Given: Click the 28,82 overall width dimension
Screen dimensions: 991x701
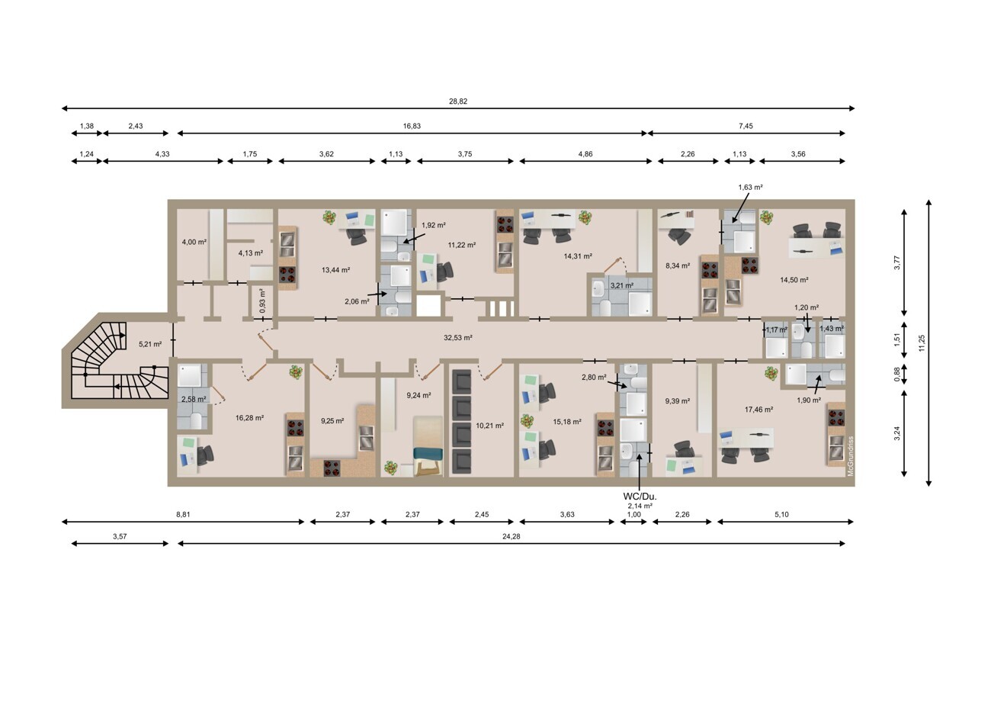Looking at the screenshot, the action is pos(458,101).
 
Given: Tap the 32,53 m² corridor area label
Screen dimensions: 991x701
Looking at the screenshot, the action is pos(458,338).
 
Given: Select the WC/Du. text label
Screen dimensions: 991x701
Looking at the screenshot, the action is pos(640,497).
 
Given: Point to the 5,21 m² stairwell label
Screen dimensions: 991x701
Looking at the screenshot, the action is pos(150,344).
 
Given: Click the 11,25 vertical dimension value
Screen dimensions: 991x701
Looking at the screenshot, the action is pos(922,343).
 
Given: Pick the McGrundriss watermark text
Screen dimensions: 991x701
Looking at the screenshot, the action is pos(850,456).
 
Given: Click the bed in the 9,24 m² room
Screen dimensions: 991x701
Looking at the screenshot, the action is pos(428,445).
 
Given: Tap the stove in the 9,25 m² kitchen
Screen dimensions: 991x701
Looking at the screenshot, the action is pos(332,468).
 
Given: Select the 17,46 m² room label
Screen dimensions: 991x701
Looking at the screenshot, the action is pos(758,410).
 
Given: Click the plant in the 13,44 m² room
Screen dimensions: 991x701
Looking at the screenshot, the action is pos(329,217).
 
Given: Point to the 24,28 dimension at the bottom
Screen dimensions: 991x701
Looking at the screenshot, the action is pos(511,536).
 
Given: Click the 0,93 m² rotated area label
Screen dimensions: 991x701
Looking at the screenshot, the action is pos(262,301).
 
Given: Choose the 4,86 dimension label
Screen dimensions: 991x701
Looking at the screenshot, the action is pos(585,154).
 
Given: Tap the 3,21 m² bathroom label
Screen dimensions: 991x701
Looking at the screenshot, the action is pos(621,285).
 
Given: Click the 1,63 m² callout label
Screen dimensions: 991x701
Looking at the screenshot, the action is pos(750,187).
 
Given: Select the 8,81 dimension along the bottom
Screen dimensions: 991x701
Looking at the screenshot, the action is pos(183,514).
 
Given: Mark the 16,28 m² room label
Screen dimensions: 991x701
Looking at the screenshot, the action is pos(249,418).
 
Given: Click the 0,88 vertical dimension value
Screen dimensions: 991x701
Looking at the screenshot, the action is pos(896,375).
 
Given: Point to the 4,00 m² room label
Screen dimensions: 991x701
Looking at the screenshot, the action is pos(194,242).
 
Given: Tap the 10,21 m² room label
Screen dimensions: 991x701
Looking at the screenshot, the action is pos(489,426).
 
